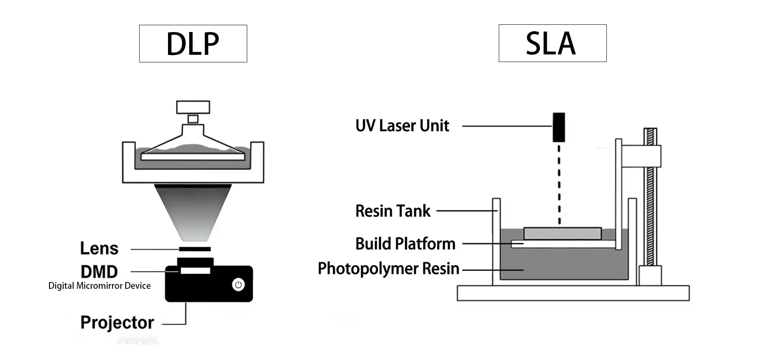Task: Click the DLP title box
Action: pos(193,44)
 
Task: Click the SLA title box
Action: pos(552,43)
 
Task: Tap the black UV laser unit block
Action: pos(559,127)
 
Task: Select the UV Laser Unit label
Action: pos(402,126)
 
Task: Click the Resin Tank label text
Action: pos(392,211)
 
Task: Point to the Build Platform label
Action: pos(405,244)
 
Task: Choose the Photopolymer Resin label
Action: pos(388,268)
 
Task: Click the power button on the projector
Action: pos(238,285)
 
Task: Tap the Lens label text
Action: pos(99,248)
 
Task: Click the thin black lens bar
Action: pos(195,249)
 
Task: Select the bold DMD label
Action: pos(99,272)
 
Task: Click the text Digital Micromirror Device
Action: pos(99,286)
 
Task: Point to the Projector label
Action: pos(117,322)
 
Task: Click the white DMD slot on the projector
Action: pos(195,271)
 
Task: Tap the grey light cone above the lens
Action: pos(193,212)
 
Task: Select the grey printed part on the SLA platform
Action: pos(562,234)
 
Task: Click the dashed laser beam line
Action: pos(559,184)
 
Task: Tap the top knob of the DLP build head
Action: pos(193,107)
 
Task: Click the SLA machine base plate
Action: pos(573,293)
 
